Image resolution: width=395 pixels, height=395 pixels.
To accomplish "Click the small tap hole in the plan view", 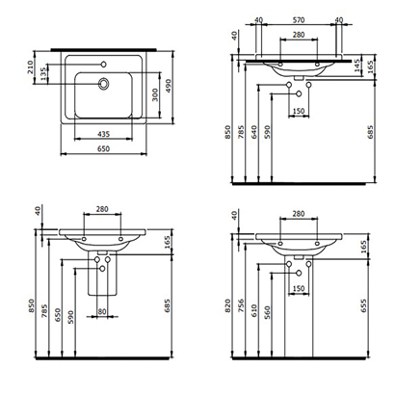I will pyautogui.click(x=102, y=65).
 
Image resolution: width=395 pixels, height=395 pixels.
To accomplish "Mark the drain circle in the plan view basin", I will pyautogui.click(x=102, y=85).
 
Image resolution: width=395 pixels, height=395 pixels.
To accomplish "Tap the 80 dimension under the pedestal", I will pyautogui.click(x=101, y=311).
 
